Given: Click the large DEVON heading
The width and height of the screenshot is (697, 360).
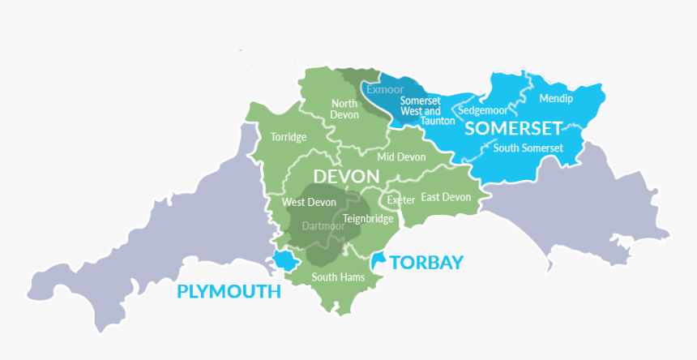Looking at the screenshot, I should pyautogui.click(x=345, y=177).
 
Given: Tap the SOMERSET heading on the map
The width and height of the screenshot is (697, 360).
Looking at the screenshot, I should pyautogui.click(x=513, y=129).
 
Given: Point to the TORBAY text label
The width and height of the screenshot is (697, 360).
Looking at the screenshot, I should pyautogui.click(x=426, y=262).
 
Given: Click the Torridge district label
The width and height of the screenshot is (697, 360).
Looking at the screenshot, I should pyautogui.click(x=289, y=137).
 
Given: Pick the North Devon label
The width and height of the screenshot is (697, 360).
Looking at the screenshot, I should pyautogui.click(x=344, y=109).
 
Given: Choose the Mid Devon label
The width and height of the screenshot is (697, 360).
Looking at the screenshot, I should pyautogui.click(x=401, y=156).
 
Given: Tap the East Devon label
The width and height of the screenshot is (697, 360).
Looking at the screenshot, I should pyautogui.click(x=446, y=197).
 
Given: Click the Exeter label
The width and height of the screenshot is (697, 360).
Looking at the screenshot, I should pyautogui.click(x=400, y=199).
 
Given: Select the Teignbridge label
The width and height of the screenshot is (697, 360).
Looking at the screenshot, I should pyautogui.click(x=369, y=219).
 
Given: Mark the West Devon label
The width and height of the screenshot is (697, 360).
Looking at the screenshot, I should pyautogui.click(x=309, y=202).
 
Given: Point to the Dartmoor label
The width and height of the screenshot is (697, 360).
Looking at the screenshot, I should pyautogui.click(x=323, y=226).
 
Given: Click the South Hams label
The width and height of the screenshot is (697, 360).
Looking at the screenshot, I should pyautogui.click(x=338, y=277).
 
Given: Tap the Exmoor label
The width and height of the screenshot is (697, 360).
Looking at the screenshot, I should pyautogui.click(x=385, y=89).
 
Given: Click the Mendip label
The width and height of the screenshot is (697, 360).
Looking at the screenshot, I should pyautogui.click(x=556, y=99).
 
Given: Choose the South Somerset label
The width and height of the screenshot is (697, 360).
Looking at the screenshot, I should pyautogui.click(x=528, y=148).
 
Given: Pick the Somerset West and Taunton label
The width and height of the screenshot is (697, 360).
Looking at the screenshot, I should pyautogui.click(x=421, y=110).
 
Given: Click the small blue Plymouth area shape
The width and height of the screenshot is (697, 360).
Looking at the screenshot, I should pyautogui.click(x=284, y=260).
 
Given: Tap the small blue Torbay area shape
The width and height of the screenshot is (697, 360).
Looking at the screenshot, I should pyautogui.click(x=378, y=260).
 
